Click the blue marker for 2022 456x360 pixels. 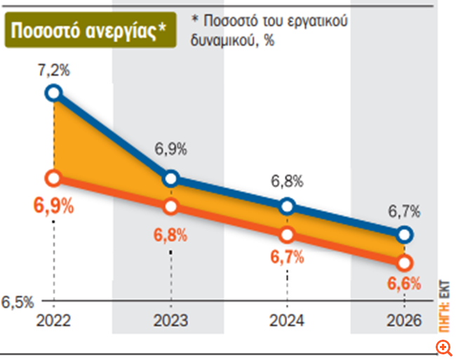click(53, 93)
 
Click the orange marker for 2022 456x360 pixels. click(53, 178)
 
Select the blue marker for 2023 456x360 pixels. click(171, 178)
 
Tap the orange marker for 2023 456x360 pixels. click(171, 207)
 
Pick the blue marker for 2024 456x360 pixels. click(288, 206)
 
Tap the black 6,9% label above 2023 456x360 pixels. click(171, 149)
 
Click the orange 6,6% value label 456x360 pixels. click(404, 284)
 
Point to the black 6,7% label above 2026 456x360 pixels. click(405, 211)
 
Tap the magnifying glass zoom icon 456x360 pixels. click(443, 346)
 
